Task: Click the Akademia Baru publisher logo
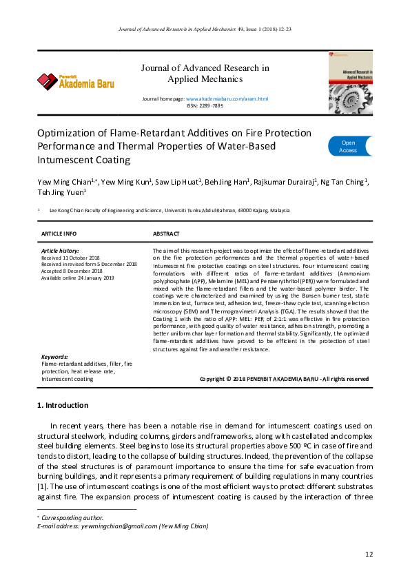click(x=76, y=82)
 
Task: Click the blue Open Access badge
click(x=349, y=146)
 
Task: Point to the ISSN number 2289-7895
click(x=211, y=106)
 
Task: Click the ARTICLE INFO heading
click(x=59, y=234)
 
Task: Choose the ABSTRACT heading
click(x=166, y=234)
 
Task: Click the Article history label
click(x=61, y=251)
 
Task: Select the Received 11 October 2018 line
click(x=72, y=258)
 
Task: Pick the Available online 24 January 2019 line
click(x=76, y=276)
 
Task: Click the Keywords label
click(x=54, y=357)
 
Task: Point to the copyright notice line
click(x=284, y=379)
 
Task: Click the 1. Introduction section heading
click(x=62, y=405)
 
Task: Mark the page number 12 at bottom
click(x=369, y=555)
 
